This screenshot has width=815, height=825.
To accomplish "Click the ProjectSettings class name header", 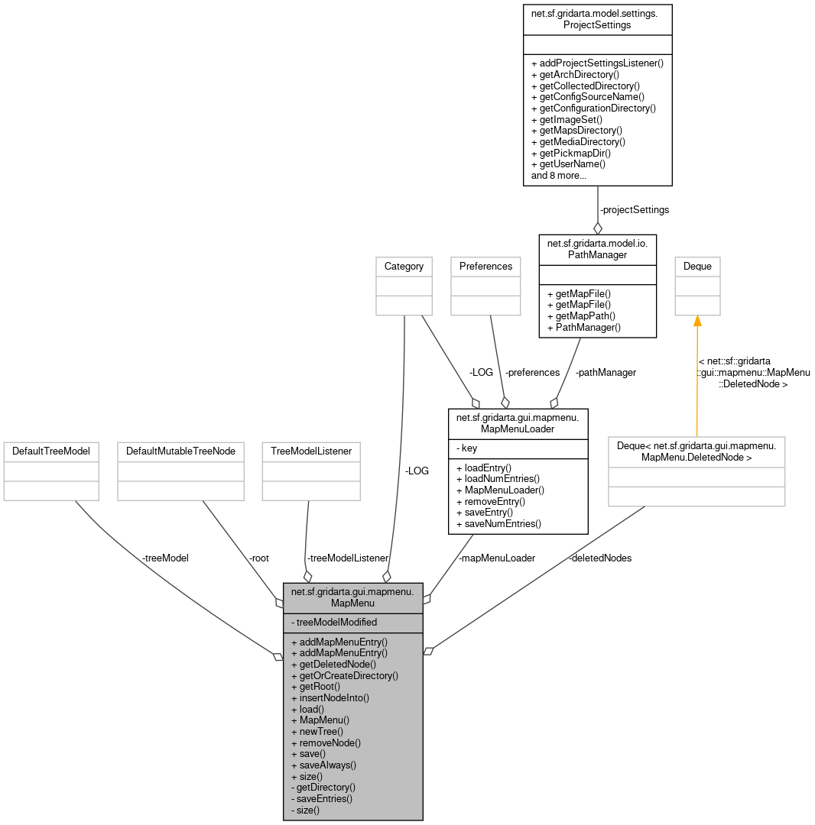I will click(597, 18).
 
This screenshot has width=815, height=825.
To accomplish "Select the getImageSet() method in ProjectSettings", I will click(570, 119).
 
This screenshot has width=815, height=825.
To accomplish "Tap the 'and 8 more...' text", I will click(558, 175).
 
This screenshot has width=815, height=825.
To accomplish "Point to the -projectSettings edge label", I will click(634, 209).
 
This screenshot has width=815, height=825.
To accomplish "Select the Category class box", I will click(404, 267).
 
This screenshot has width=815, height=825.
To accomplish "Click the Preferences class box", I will click(485, 267).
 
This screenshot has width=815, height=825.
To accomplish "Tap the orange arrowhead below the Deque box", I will click(697, 321).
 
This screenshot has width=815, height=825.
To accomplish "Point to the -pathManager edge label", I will click(605, 373).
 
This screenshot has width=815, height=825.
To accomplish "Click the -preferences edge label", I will click(532, 373).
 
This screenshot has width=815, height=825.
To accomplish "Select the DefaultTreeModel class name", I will click(51, 451).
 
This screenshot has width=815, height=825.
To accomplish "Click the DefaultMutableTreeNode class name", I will click(180, 451).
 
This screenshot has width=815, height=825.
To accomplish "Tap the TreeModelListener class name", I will click(310, 451).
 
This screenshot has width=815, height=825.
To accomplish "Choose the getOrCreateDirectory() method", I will click(349, 675).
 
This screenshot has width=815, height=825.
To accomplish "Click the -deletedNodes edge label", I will click(599, 558).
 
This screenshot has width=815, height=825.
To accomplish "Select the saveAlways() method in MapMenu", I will click(327, 765).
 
